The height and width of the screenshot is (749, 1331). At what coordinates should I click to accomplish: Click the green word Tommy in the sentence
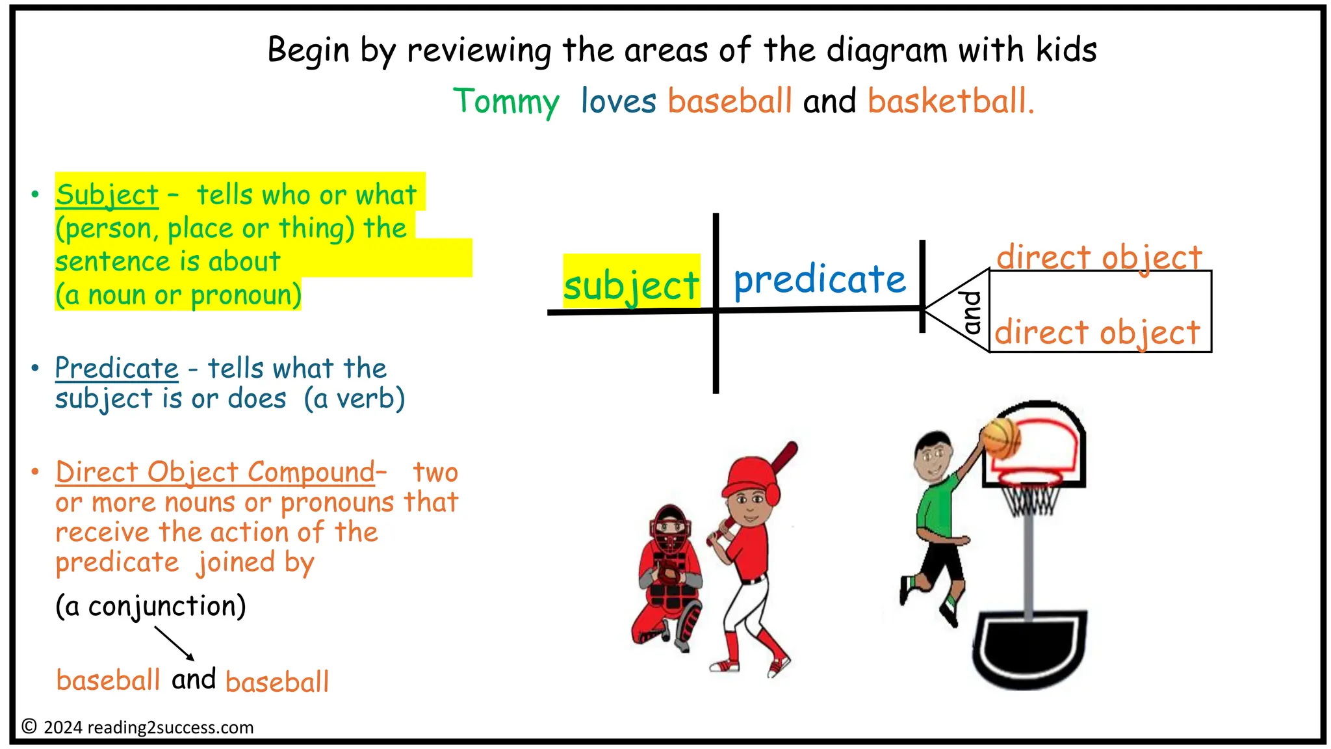point(506,102)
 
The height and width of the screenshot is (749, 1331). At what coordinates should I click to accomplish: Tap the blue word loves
point(618,101)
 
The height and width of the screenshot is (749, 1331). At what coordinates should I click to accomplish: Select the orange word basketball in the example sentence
point(950,101)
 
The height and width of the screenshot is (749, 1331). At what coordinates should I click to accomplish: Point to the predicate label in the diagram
point(820,280)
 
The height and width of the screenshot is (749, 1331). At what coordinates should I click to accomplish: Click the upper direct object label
point(1100,257)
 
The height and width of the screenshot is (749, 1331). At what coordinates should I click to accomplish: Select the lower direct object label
point(1097,332)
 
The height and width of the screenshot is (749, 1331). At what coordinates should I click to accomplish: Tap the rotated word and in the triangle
point(972,312)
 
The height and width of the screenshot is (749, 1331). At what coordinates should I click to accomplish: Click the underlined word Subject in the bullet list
point(107,195)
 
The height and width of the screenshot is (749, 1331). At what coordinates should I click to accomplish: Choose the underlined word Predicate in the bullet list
point(116,368)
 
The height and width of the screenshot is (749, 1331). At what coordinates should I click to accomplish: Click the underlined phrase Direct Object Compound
point(215,472)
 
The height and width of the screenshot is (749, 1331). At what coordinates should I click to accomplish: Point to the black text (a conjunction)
point(151,606)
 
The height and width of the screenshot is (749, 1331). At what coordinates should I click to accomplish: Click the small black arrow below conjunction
point(174,643)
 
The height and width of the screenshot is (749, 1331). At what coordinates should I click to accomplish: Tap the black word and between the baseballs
point(194,679)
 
